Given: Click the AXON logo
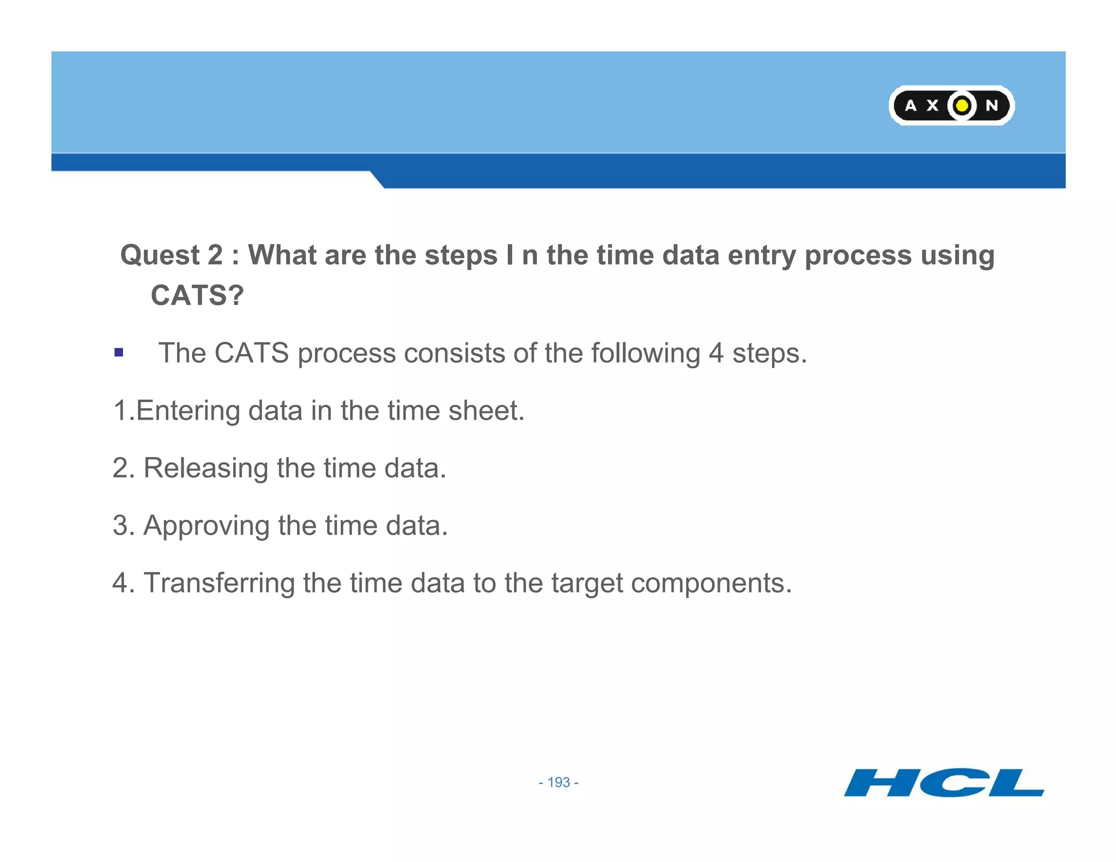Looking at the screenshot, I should [951, 105].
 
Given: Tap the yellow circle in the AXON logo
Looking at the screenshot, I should [962, 105].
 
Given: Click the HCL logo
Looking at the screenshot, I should [944, 782].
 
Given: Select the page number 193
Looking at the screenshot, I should [559, 782].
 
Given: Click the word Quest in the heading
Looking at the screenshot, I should [160, 255].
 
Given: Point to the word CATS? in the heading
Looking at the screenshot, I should [197, 295].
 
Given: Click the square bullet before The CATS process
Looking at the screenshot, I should [119, 353].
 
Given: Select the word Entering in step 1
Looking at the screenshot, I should [187, 411].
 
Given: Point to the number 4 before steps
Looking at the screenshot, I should [715, 353].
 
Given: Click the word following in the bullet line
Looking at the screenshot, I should [646, 353].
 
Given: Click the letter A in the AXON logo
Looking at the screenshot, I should [910, 105].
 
